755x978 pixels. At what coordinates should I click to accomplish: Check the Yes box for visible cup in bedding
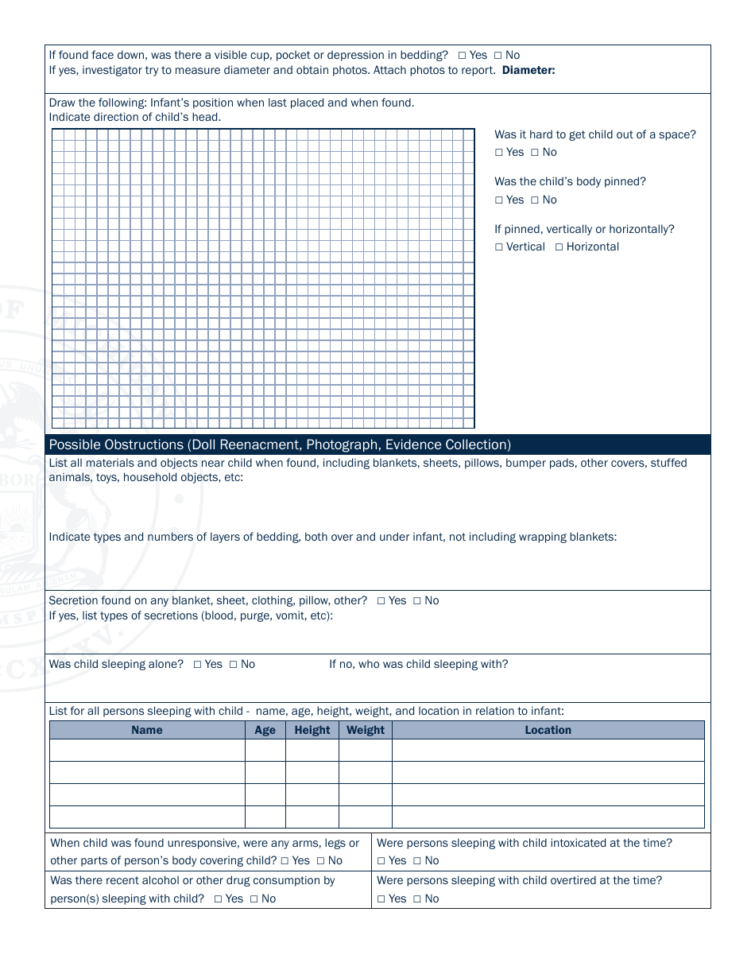[462, 56]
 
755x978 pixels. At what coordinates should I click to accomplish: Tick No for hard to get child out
[535, 153]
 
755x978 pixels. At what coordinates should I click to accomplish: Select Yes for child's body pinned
[499, 200]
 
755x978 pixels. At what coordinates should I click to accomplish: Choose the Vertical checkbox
[499, 247]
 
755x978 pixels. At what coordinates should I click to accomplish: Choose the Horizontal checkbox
[559, 247]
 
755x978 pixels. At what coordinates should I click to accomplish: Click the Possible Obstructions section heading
[280, 444]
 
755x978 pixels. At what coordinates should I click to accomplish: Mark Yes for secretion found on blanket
[381, 601]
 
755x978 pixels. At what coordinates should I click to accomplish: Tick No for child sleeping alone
[233, 665]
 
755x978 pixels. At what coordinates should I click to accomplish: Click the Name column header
[147, 730]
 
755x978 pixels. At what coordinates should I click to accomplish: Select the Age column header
[265, 730]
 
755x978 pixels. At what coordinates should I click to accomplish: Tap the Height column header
[312, 730]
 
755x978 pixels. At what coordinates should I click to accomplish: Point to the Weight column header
[365, 730]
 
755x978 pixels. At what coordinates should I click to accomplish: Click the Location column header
[548, 730]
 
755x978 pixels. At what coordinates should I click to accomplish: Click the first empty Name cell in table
[147, 751]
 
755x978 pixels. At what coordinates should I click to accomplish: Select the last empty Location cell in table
[548, 817]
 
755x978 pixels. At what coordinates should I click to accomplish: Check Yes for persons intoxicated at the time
[381, 861]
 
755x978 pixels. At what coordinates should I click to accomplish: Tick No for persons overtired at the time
[414, 899]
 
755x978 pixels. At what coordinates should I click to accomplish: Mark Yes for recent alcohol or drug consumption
[218, 899]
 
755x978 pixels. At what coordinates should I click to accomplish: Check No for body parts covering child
[320, 861]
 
